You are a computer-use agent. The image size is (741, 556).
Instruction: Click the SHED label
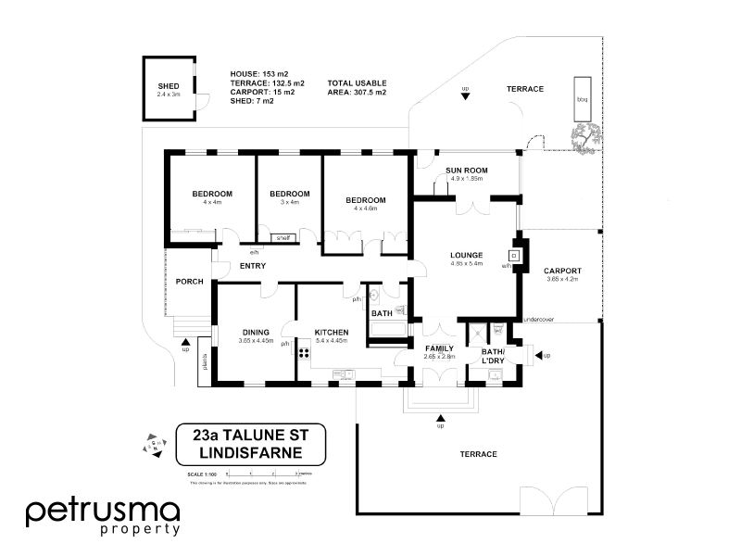click(x=168, y=86)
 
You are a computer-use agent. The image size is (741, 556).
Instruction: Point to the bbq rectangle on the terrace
click(x=583, y=98)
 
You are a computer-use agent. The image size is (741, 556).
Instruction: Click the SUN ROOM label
click(x=466, y=171)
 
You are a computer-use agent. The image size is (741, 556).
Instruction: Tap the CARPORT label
click(x=562, y=271)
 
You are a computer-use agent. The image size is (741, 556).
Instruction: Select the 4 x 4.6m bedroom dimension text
click(x=365, y=208)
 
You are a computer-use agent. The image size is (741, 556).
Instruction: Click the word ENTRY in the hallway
click(x=253, y=267)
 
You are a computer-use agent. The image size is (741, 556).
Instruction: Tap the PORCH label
click(x=189, y=282)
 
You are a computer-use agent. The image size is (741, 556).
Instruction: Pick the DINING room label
click(x=256, y=332)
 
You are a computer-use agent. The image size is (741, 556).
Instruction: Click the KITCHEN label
click(x=331, y=332)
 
